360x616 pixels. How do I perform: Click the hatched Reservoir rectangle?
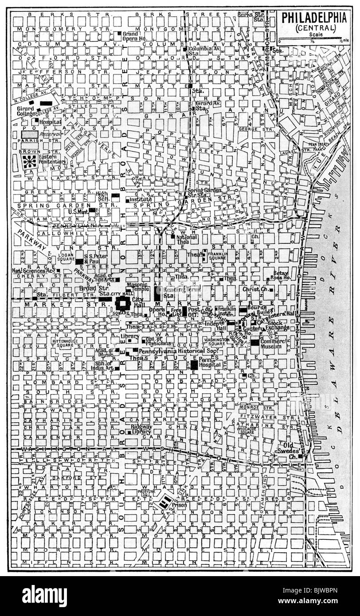(x=29, y=134)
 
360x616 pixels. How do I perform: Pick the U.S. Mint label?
(x=78, y=211)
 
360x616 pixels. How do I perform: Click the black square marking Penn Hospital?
(x=194, y=365)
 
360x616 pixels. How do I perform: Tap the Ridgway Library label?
(x=141, y=429)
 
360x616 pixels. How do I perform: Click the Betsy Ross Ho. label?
(x=280, y=275)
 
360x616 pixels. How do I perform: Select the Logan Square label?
(x=66, y=258)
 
